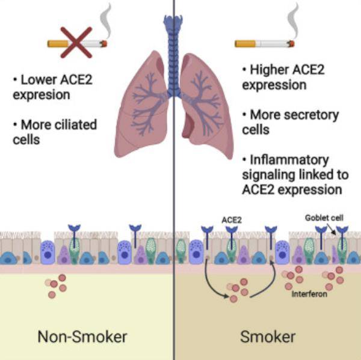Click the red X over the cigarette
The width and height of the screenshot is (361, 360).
pos(76,42)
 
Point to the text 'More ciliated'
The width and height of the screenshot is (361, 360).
pos(58,124)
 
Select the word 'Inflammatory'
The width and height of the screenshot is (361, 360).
pos(289,160)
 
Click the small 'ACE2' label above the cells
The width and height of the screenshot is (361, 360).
pos(232,221)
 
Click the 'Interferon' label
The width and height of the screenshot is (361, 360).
pos(311,294)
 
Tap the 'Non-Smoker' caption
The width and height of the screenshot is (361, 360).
pos(82,337)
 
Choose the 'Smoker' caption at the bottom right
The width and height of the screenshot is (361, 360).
pos(267,337)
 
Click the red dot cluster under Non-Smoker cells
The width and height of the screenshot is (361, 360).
pos(56,287)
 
